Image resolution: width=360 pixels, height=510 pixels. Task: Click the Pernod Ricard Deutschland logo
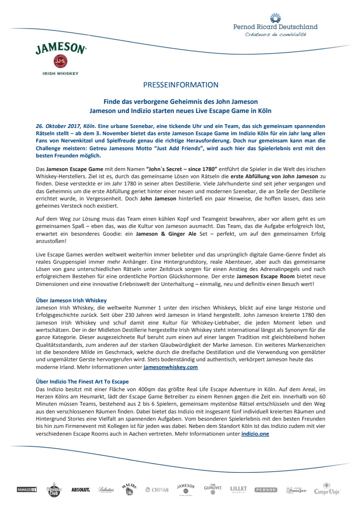[276, 25]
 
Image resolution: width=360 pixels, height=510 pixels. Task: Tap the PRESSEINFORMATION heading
[180, 85]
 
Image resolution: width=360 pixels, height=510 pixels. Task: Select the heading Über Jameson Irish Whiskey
[71, 300]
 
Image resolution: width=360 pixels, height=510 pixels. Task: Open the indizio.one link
[255, 434]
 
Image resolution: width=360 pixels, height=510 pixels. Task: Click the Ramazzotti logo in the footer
[27, 490]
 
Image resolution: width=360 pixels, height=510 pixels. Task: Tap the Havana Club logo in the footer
[54, 490]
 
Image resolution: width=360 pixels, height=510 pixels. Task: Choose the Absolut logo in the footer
[81, 490]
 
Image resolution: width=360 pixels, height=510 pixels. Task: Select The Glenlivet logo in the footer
[212, 489]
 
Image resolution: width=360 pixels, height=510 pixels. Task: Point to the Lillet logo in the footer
[238, 489]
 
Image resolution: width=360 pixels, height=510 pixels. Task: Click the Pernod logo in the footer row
[266, 490]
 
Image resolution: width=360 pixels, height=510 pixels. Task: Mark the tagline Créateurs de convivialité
[276, 34]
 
